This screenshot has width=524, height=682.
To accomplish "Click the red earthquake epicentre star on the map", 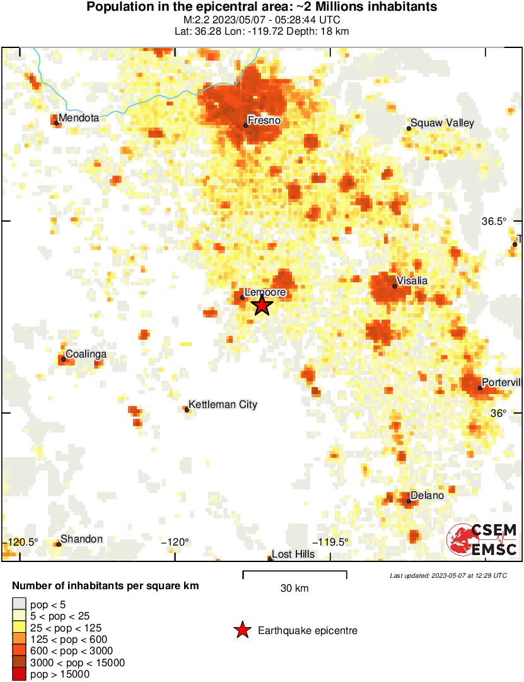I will [x=262, y=306].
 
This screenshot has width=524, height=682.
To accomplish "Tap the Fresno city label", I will [x=264, y=120].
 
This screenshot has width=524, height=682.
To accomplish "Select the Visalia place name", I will [x=412, y=280].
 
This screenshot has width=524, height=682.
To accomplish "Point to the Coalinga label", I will [x=86, y=354].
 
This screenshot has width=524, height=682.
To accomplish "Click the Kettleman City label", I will [x=223, y=404].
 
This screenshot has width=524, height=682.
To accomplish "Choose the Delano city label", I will [x=427, y=495].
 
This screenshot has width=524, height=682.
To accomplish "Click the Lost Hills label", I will [x=293, y=554].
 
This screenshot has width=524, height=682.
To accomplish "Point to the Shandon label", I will [x=81, y=539].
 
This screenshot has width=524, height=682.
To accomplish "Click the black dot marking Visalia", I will [x=395, y=286].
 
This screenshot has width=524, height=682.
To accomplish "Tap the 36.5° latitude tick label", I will [x=494, y=221].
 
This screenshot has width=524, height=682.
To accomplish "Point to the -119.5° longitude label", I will [x=332, y=542].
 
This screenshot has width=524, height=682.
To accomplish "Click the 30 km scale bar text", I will [x=294, y=588].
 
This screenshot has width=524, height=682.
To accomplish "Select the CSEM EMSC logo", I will [x=482, y=540].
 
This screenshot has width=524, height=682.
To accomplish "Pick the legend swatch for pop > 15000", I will [x=20, y=674].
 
